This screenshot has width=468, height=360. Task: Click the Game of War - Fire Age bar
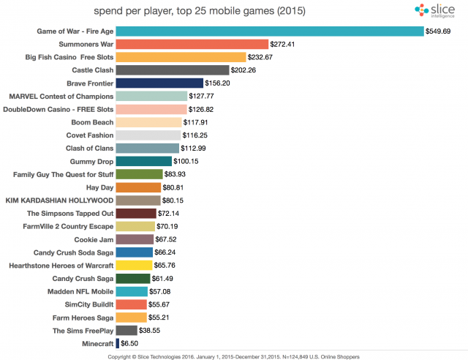[269, 31]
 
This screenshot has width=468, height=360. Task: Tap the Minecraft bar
[117, 342]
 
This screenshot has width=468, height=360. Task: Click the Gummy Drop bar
[144, 161]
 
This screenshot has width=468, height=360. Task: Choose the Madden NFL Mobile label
[82, 291]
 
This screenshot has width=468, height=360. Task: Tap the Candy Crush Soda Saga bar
[135, 252]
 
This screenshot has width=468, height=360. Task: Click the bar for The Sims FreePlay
[127, 330]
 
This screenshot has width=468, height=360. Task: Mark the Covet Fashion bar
[148, 135]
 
